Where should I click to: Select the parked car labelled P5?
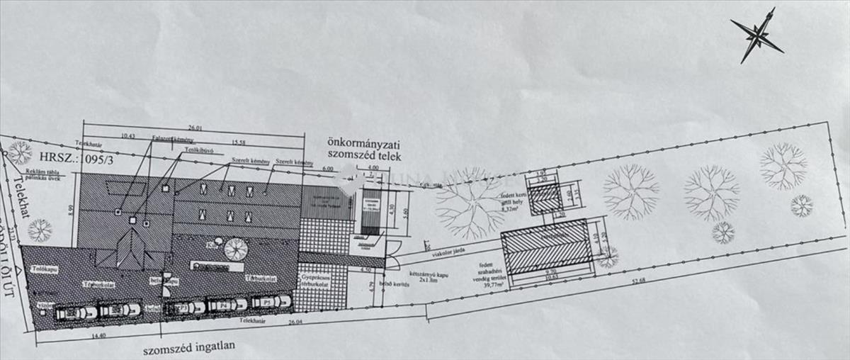[x=272, y=301]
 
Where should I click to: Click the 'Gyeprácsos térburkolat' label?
[x=312, y=280]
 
